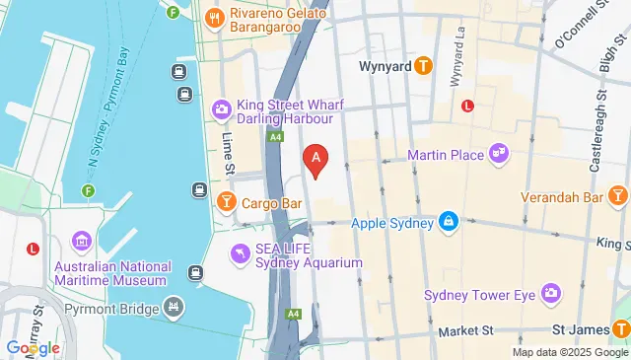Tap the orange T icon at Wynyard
(423, 66)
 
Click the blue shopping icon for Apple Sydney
(449, 222)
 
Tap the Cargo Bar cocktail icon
(226, 202)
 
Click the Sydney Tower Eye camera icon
(549, 294)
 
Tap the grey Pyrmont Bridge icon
(175, 308)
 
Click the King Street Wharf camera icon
(223, 108)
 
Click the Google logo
(34, 347)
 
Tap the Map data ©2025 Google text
(569, 352)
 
